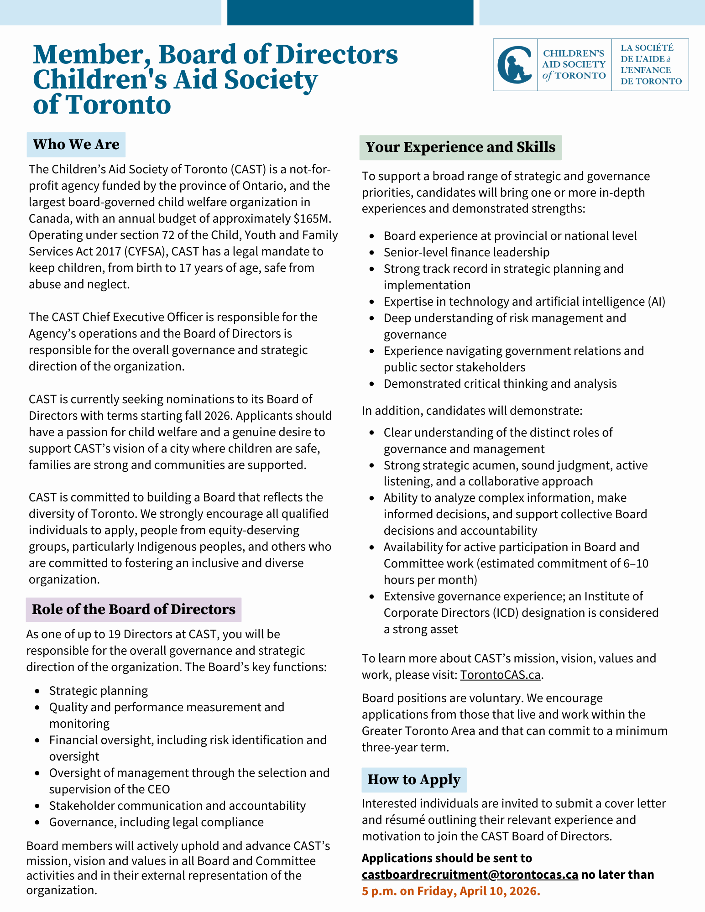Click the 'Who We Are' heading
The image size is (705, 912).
coord(76,145)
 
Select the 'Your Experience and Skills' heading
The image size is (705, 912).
coord(460,147)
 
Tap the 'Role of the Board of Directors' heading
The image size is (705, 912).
coord(134,610)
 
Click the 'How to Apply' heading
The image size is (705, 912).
coord(414,780)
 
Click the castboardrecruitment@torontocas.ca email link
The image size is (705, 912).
coord(470,875)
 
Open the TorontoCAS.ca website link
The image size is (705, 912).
coord(500,675)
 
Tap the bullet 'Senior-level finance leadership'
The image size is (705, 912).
coord(466,252)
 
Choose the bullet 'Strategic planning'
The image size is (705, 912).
coord(99,691)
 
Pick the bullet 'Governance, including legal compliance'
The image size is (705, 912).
coord(157,822)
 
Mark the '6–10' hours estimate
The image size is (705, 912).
coord(636,563)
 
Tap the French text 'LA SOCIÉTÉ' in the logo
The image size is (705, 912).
coord(647,48)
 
